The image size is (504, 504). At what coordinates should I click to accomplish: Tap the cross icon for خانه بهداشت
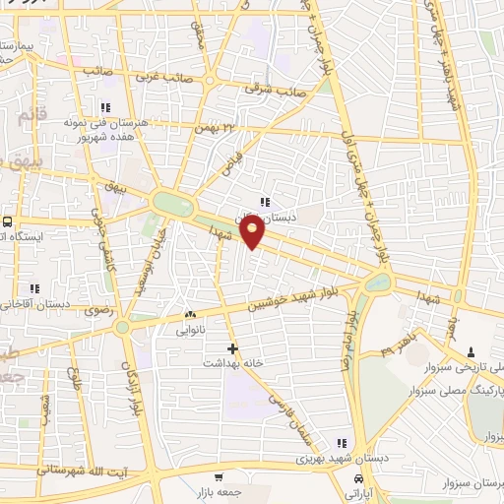click(x=232, y=348)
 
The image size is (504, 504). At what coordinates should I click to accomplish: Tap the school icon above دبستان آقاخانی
click(x=34, y=289)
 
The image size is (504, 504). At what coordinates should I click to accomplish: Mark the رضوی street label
click(x=100, y=309)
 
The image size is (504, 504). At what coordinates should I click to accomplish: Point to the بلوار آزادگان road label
click(x=128, y=381)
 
